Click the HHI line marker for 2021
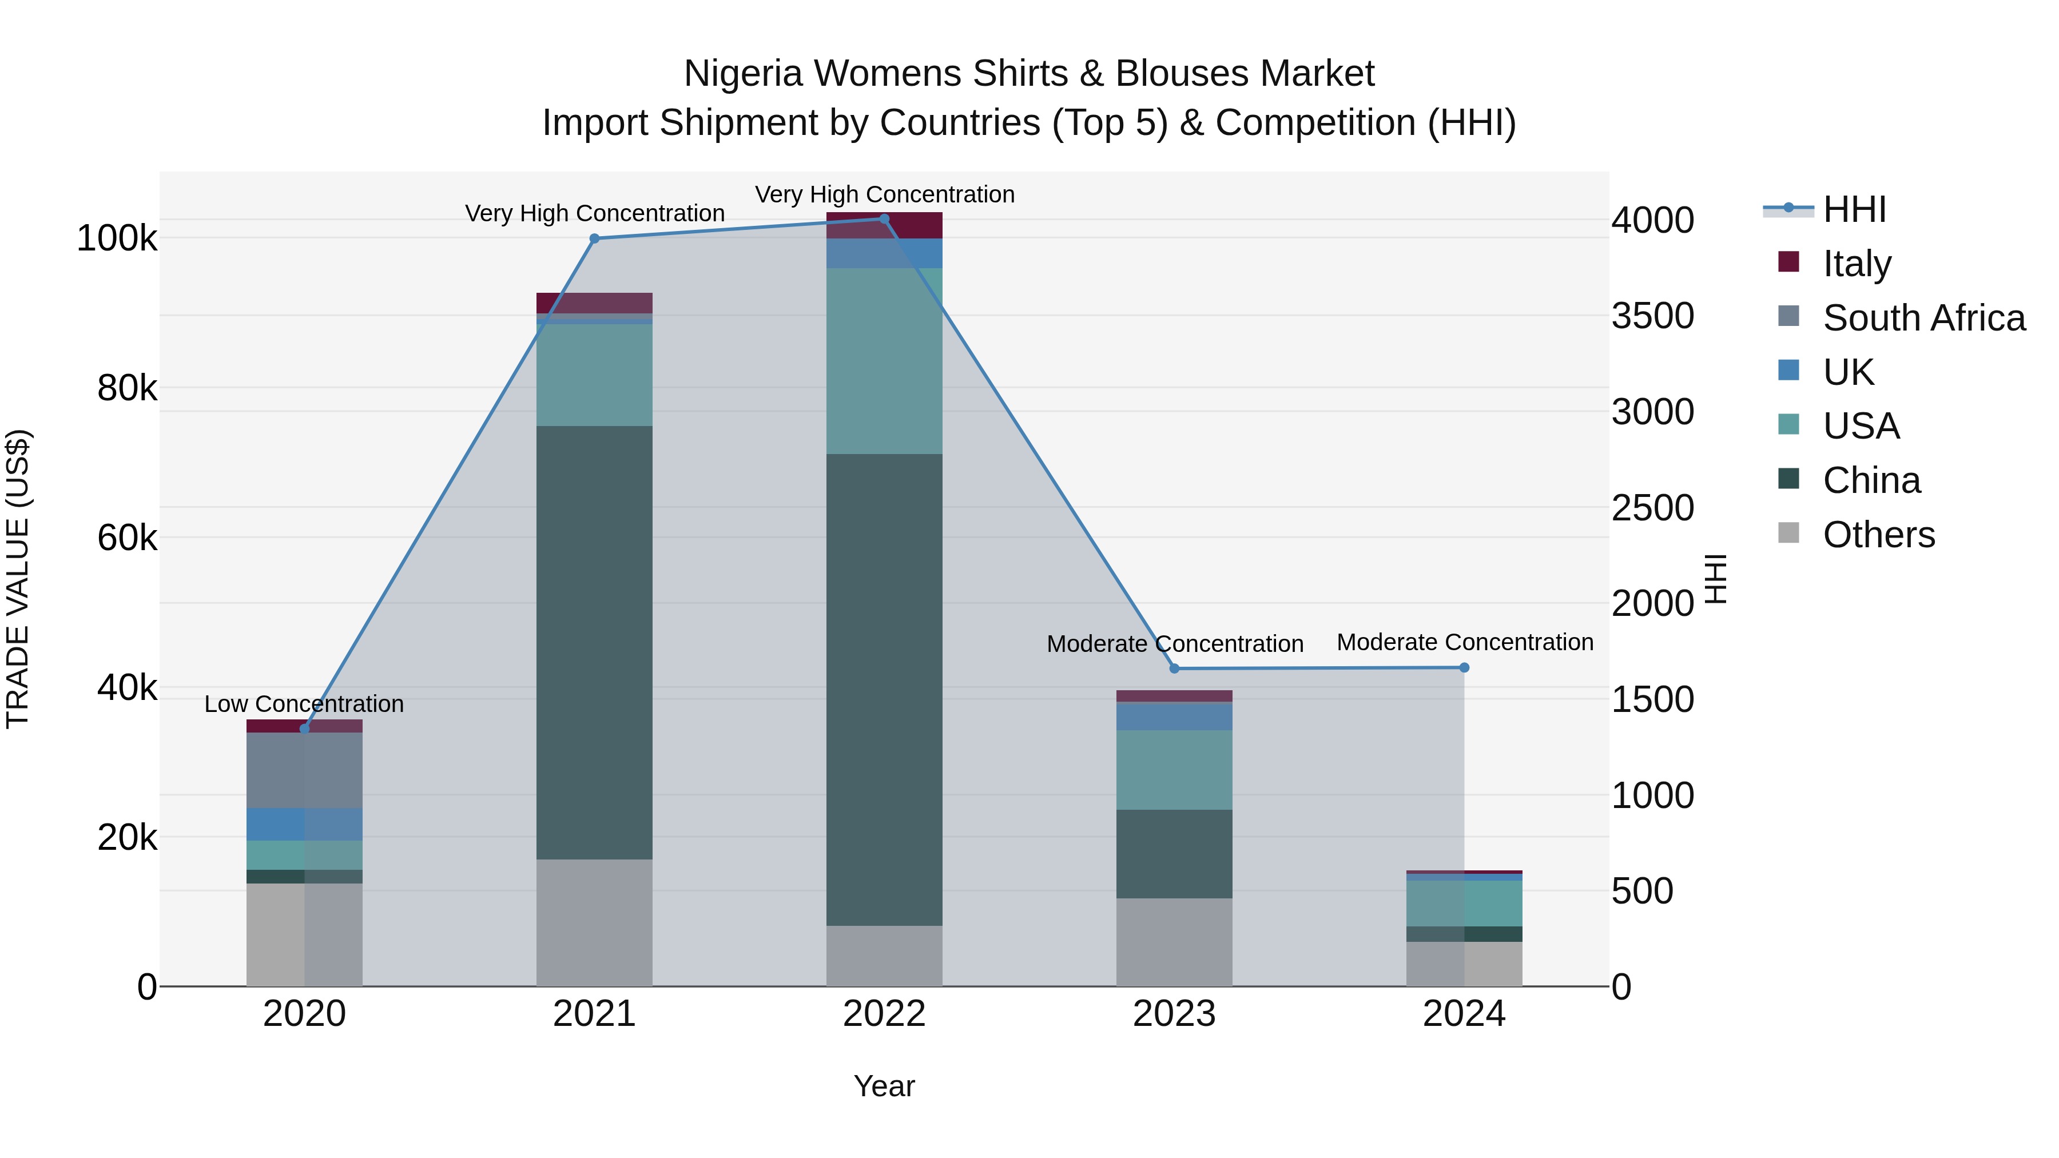[x=594, y=238]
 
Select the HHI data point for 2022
[x=884, y=219]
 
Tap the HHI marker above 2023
[x=1174, y=668]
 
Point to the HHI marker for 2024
[x=1464, y=667]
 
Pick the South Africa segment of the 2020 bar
[x=304, y=770]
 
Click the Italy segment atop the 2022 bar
[x=884, y=225]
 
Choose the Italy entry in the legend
[x=1857, y=263]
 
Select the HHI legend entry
[x=1854, y=209]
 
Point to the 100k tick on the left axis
[x=117, y=238]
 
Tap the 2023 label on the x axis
[x=1174, y=1014]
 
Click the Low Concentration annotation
[x=304, y=704]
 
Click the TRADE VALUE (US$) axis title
[x=18, y=579]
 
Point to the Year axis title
[x=884, y=1086]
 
